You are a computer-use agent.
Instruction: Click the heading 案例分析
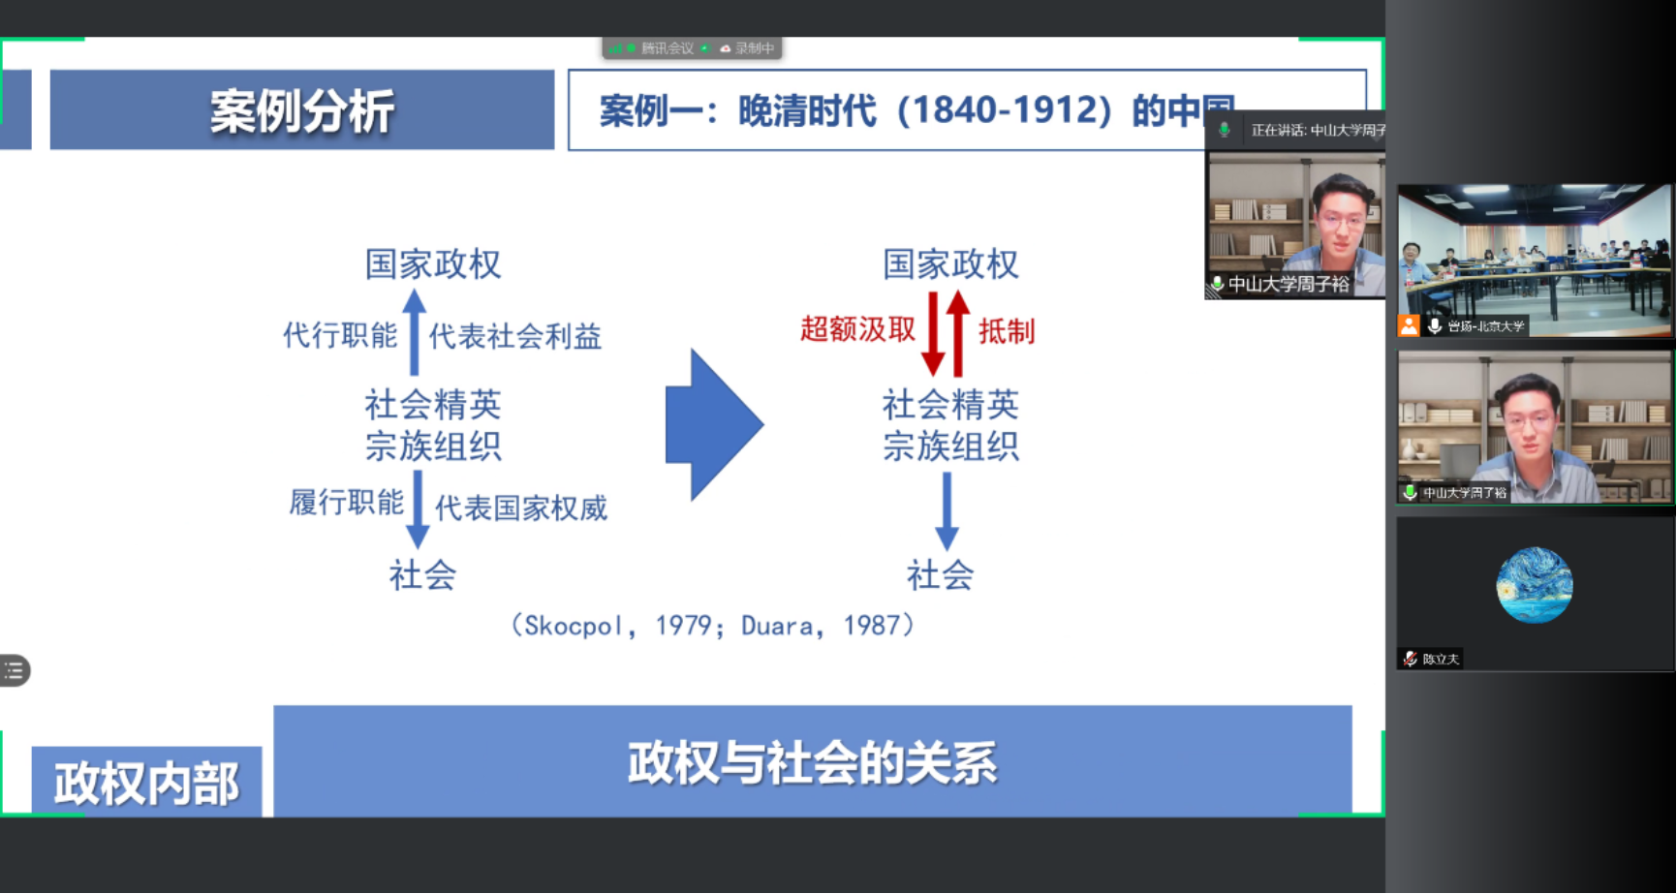[301, 110]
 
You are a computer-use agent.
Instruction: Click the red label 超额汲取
[857, 329]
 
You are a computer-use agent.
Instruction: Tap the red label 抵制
[1006, 331]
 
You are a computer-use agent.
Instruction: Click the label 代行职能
[340, 335]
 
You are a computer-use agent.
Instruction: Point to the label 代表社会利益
[514, 336]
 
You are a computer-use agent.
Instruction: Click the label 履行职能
[346, 502]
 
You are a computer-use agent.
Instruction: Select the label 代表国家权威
[520, 508]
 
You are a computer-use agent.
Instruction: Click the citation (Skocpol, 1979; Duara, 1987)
[712, 626]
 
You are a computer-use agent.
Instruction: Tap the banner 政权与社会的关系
[812, 761]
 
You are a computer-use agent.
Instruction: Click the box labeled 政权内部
[146, 783]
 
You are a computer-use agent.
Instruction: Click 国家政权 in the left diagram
[432, 263]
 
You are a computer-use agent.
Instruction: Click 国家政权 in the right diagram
[950, 263]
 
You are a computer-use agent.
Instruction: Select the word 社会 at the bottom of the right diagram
[940, 575]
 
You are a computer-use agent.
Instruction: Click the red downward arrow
[933, 334]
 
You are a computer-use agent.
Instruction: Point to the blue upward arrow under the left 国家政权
[415, 331]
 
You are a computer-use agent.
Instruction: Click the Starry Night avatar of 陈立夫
[1534, 585]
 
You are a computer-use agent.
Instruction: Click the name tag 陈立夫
[1439, 659]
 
